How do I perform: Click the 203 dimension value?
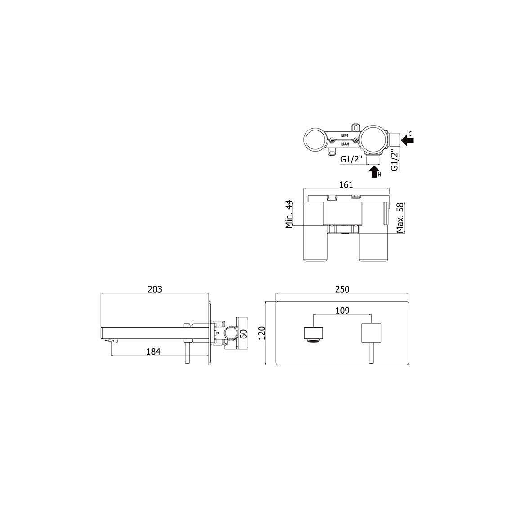pyautogui.click(x=155, y=289)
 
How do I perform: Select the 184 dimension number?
pyautogui.click(x=153, y=351)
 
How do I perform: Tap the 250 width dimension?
pyautogui.click(x=342, y=289)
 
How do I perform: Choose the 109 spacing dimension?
pyautogui.click(x=342, y=310)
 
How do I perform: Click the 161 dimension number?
pyautogui.click(x=346, y=185)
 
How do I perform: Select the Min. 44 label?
pyautogui.click(x=289, y=214)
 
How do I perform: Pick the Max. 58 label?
pyautogui.click(x=400, y=217)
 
